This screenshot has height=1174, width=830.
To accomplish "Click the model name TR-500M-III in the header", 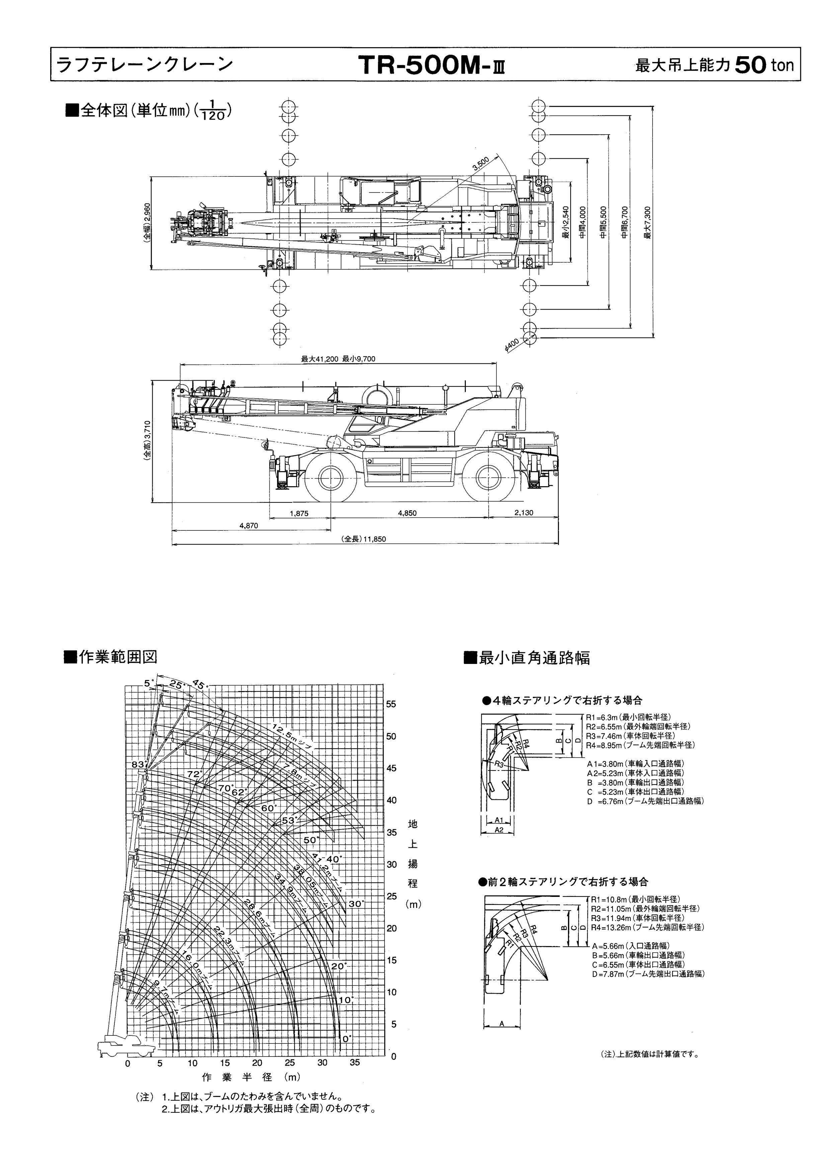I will pyautogui.click(x=432, y=66).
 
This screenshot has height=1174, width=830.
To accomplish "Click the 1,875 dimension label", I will pyautogui.click(x=299, y=513).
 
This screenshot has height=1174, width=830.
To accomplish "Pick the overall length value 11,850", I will pyautogui.click(x=375, y=539).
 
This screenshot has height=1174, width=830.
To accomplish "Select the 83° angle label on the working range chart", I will pyautogui.click(x=138, y=764).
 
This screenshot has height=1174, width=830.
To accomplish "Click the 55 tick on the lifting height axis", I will pyautogui.click(x=391, y=704).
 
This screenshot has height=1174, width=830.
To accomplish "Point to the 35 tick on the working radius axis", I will pyautogui.click(x=354, y=1063).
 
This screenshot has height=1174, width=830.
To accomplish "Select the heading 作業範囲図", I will pyautogui.click(x=117, y=657).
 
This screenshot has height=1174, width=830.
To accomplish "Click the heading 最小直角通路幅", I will pyautogui.click(x=534, y=658).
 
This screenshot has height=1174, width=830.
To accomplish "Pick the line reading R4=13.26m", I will pyautogui.click(x=647, y=927).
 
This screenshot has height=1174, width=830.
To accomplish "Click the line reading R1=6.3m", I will pyautogui.click(x=629, y=718).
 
